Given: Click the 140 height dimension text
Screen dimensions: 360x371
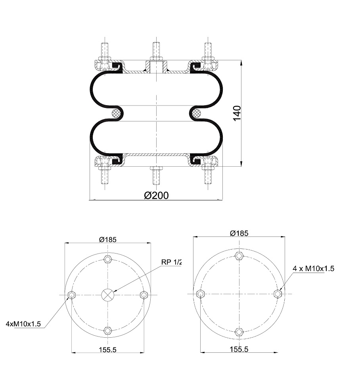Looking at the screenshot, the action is click(x=237, y=113).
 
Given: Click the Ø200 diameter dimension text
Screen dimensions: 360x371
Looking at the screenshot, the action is click(x=156, y=196).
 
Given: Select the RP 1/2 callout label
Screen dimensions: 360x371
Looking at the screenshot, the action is click(x=172, y=262).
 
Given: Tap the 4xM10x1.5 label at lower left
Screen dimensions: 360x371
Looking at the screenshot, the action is click(x=23, y=324).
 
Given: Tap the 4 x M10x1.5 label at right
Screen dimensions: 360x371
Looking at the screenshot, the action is click(x=314, y=269).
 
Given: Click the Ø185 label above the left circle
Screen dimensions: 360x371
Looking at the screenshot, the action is click(x=108, y=240).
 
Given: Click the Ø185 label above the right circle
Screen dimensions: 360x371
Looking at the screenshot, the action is click(x=239, y=233).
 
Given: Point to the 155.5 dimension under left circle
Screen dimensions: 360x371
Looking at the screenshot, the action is click(x=107, y=350).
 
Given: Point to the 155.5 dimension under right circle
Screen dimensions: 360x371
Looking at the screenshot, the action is click(x=239, y=349).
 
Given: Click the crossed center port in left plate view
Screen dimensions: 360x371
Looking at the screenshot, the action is click(x=108, y=295).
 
